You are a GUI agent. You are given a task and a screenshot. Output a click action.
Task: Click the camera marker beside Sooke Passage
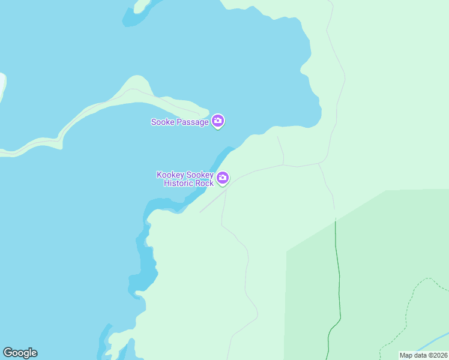pyautogui.click(x=218, y=121)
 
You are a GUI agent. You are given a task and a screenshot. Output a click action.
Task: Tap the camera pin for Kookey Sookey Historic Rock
pyautogui.click(x=223, y=178)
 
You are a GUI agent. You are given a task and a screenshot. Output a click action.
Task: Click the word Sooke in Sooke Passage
pyautogui.click(x=162, y=122)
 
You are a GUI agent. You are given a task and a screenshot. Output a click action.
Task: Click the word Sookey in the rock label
pyautogui.click(x=202, y=175)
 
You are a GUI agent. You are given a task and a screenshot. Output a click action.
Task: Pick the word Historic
pyautogui.click(x=179, y=183)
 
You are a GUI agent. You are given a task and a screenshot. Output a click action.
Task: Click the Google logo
pyautogui.click(x=20, y=353)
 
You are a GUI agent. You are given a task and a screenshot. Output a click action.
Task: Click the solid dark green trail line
pyautogui.click(x=338, y=270)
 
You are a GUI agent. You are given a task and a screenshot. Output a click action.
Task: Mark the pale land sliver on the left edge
pyautogui.click(x=2, y=87)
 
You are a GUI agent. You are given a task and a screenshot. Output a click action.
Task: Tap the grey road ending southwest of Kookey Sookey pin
pyautogui.click(x=202, y=211)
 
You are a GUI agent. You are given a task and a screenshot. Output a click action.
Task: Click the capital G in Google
pyautogui.click(x=8, y=353)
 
